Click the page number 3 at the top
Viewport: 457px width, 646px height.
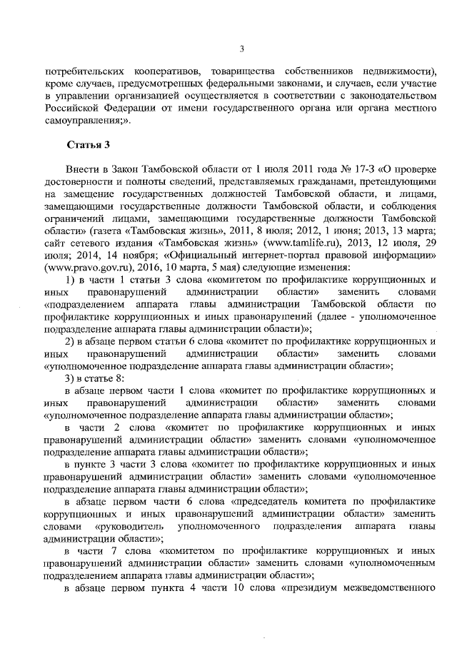[x=241, y=49]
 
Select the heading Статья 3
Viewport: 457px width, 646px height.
[x=87, y=144]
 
